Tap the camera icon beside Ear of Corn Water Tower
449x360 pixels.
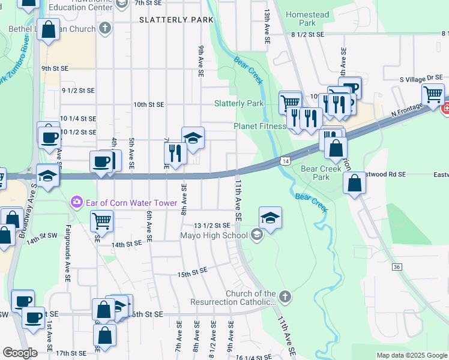76,202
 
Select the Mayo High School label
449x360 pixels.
214,235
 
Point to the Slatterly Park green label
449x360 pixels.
239,103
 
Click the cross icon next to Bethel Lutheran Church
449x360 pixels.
105,28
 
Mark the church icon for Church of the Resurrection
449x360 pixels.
285,297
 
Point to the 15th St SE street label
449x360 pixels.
192,273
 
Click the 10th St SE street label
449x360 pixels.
149,104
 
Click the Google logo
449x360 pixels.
20,353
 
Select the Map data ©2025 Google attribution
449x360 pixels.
411,355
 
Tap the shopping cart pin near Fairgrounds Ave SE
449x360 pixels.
101,221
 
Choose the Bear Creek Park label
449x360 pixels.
321,173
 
